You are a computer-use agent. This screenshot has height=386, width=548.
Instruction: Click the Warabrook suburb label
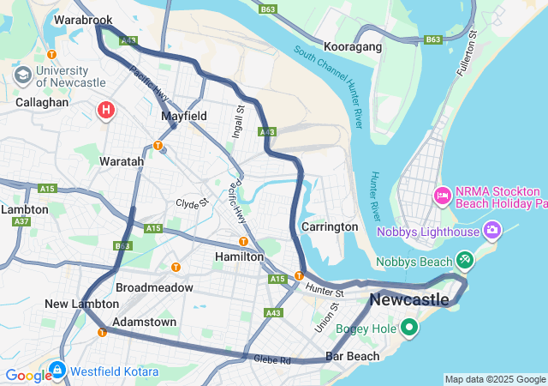coord(83,18)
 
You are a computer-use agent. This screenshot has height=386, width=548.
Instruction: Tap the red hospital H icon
coord(106,110)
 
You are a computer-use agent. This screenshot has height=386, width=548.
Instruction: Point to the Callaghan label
coord(42,101)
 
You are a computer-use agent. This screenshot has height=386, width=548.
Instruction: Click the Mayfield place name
coord(183,115)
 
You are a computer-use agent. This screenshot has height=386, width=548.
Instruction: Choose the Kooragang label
coord(353,46)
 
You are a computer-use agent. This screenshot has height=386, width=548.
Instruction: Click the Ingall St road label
coord(240,120)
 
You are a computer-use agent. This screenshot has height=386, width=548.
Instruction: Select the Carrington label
coord(330,226)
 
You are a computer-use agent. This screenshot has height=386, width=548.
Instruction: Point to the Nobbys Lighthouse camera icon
coord(492,230)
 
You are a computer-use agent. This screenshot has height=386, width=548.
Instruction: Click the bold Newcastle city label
coord(409,299)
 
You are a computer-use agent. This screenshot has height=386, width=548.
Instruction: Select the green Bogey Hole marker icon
coord(409,326)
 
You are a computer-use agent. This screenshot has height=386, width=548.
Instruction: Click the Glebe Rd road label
coord(271,359)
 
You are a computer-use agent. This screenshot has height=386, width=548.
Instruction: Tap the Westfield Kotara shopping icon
coord(57,370)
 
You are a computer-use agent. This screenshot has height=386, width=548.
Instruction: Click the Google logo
coord(27,375)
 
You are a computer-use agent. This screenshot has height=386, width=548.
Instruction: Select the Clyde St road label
coord(193,203)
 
